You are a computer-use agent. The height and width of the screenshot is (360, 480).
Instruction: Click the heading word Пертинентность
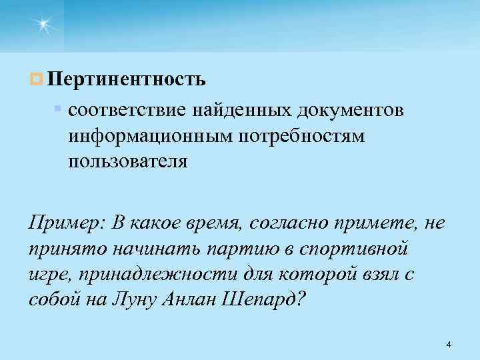127,80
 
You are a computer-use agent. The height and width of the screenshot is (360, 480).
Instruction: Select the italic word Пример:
64,222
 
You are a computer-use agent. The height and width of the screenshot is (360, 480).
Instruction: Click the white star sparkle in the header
43,25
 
